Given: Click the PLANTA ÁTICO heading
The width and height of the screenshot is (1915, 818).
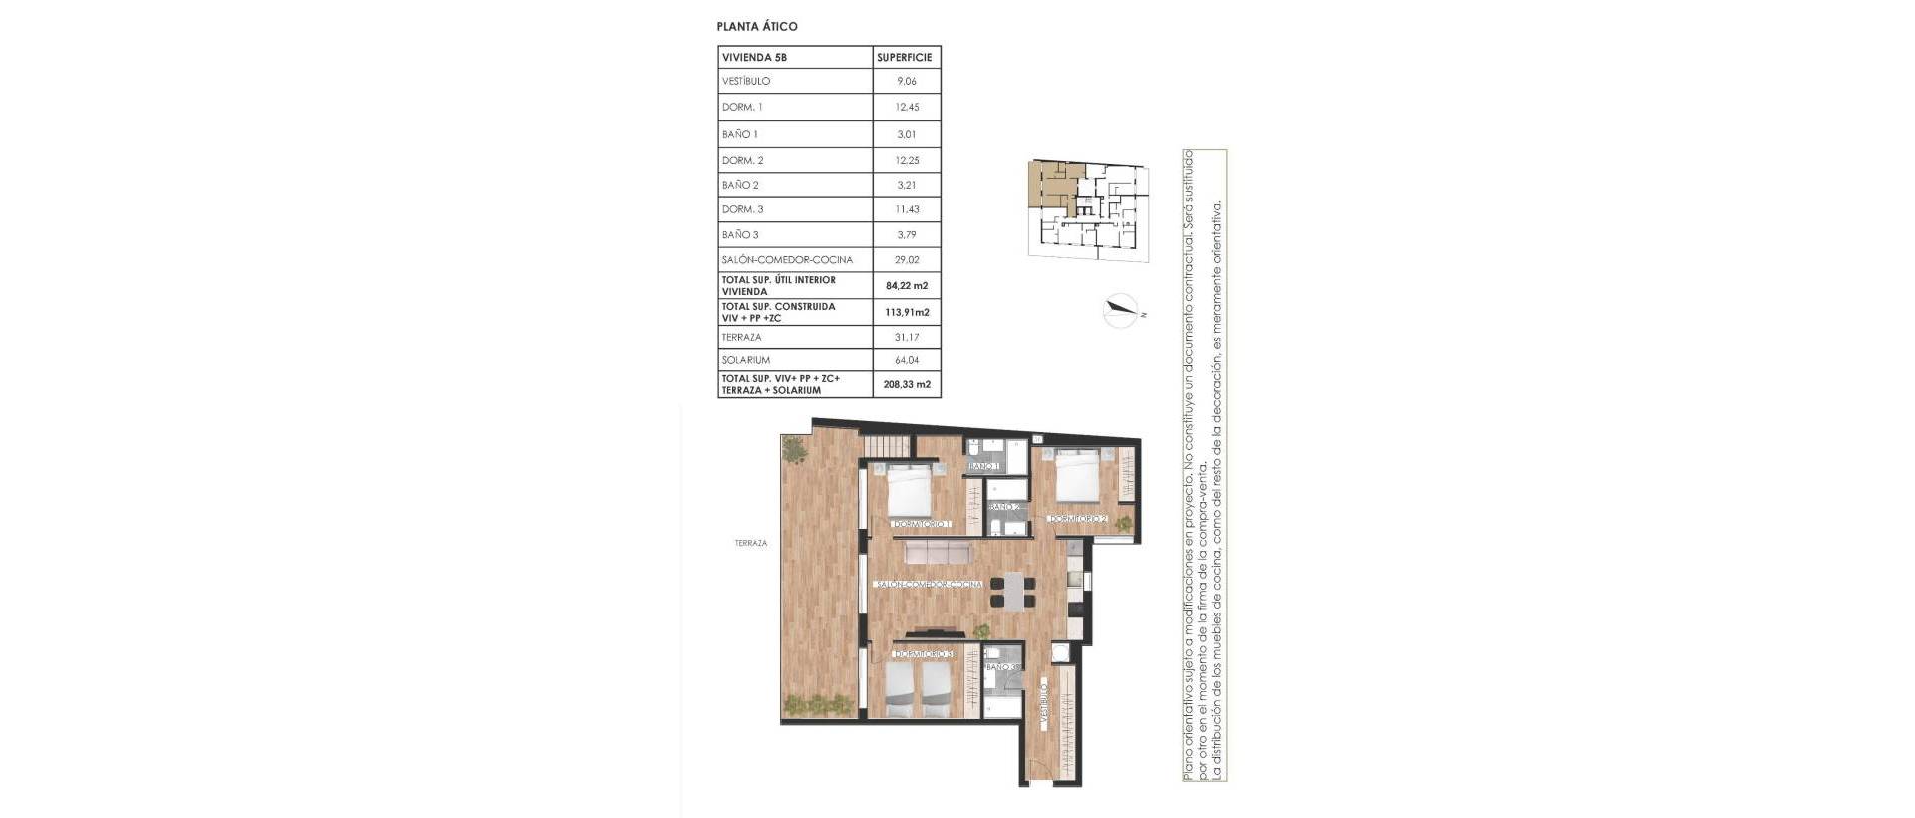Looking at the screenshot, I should coord(757,27).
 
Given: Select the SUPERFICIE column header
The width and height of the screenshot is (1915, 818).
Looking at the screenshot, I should coord(905,58).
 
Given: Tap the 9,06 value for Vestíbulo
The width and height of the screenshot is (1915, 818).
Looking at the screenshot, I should coord(906,82).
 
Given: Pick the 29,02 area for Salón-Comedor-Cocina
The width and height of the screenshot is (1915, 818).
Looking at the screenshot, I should coord(906,260).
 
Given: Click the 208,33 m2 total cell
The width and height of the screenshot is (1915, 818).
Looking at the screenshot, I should coord(906,384).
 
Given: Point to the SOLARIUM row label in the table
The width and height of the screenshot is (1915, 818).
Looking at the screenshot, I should coord(745,360).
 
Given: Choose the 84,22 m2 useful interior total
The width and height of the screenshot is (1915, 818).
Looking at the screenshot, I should coord(906,286).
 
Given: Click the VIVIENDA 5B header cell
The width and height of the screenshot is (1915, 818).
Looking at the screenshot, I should coord(754,58).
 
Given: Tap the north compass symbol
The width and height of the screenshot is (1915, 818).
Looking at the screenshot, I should coord(1122,311).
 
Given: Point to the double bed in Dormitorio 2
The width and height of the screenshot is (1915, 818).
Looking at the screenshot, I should coord(1077,476).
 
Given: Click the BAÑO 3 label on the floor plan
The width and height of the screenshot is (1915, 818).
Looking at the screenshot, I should coord(1002,666).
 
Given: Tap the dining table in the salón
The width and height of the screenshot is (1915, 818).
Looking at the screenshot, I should coord(1012,590).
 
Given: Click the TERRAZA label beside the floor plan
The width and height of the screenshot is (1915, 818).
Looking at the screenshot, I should coord(750,544).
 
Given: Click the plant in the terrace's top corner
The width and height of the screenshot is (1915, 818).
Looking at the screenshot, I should coord(795,450).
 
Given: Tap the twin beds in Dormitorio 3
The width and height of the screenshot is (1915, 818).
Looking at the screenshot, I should coord(919,687).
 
